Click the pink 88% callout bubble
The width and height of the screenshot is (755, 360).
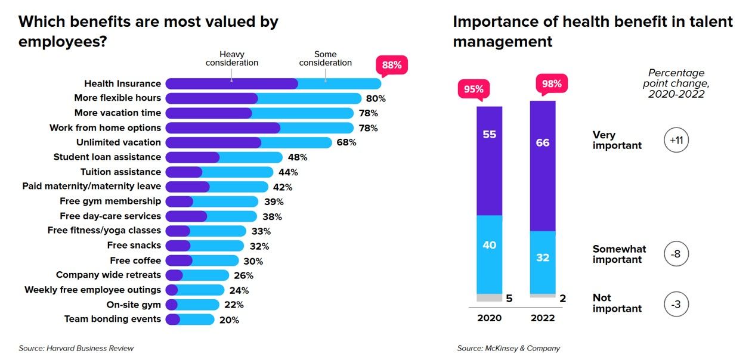391,64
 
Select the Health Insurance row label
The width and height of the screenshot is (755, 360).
122,83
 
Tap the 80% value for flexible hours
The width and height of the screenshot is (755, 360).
376,98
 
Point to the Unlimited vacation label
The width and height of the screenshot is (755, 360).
118,142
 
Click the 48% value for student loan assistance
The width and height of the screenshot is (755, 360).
297,157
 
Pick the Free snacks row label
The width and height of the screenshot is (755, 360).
134,246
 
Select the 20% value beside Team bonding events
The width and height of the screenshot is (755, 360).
229,320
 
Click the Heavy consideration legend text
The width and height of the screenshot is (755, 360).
232,58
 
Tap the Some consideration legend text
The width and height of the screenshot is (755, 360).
326,58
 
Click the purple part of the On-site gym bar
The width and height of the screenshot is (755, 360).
172,305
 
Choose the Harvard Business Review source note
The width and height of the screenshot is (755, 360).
76,348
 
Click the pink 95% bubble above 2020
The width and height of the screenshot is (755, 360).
474,89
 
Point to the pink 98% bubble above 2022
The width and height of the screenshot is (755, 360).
552,83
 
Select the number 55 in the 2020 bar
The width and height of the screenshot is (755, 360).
489,135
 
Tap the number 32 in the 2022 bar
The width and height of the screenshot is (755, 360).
543,258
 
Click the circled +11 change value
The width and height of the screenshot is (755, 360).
676,140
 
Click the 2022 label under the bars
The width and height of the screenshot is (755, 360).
543,318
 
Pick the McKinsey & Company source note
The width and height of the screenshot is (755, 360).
509,348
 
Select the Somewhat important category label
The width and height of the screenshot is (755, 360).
619,254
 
